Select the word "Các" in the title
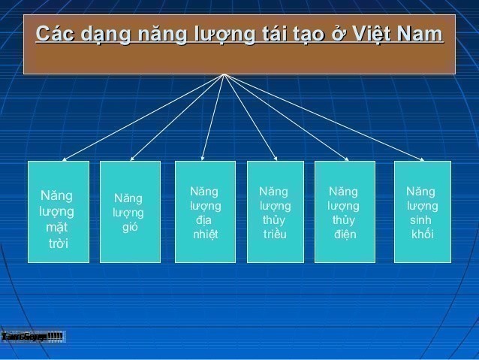53,35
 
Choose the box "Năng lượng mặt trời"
58,212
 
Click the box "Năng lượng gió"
130,212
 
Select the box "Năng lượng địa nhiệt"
205,212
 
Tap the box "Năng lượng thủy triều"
275,212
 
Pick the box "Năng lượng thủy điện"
345,212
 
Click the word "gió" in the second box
130,227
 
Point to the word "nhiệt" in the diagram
205,234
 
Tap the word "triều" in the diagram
275,234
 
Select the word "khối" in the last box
423,234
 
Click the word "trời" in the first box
58,243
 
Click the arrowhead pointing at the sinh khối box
422,159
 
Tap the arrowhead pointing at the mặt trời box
65,159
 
